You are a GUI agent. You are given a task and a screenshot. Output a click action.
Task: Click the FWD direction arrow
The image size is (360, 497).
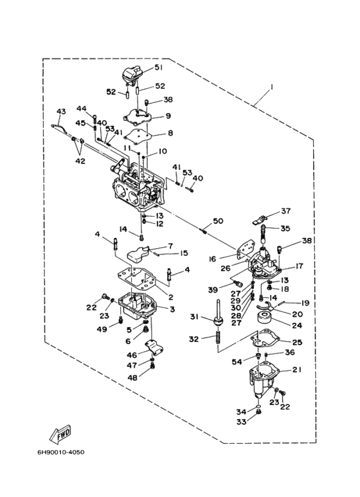(60, 433)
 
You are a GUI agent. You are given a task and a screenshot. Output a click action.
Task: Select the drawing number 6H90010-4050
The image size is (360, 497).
(61, 452)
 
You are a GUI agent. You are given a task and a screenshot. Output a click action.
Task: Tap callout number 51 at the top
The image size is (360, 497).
(158, 68)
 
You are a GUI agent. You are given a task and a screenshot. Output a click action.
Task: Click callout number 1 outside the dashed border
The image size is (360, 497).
(271, 87)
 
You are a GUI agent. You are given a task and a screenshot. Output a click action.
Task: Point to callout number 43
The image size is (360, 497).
(61, 112)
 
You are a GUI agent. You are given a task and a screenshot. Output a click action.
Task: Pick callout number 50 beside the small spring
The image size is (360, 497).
(219, 221)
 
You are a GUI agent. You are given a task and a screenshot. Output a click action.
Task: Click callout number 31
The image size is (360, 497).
(195, 316)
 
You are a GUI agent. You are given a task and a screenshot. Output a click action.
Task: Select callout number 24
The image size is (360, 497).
(297, 325)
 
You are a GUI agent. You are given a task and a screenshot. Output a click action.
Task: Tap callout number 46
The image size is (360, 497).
(132, 355)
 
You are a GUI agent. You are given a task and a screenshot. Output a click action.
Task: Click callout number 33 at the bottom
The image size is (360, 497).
(241, 422)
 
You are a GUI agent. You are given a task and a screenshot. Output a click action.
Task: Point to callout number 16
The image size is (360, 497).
(212, 259)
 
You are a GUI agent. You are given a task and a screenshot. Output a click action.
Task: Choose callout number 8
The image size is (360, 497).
(170, 133)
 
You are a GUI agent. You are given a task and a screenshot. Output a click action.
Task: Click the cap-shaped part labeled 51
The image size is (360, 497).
(132, 76)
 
